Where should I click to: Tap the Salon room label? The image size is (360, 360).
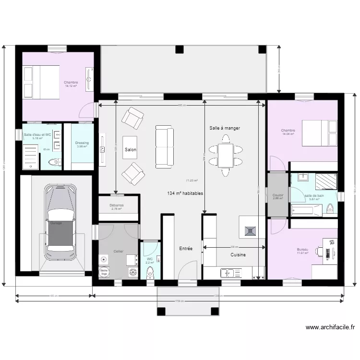tap(130, 150)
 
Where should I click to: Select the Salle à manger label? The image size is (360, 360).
tap(225, 128)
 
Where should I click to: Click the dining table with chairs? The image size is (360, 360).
tap(225, 155)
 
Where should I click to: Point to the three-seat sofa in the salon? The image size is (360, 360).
tap(164, 147)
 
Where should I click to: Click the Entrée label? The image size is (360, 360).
tap(186, 249)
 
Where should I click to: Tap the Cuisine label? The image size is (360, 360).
tap(238, 255)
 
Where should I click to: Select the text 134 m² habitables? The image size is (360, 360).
tap(185, 193)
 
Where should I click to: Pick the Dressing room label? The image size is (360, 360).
tap(82, 143)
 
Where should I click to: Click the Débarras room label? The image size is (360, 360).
tap(117, 205)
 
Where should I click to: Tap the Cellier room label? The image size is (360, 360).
tap(118, 252)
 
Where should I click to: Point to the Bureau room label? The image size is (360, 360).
tap(302, 250)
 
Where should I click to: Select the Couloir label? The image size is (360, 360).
tap(278, 195)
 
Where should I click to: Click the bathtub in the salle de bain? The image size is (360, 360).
tap(306, 210)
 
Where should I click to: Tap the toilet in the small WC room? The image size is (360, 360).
tap(150, 273)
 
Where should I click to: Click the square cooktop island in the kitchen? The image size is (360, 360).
tap(252, 230)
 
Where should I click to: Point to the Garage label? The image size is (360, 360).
tap(56, 223)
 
